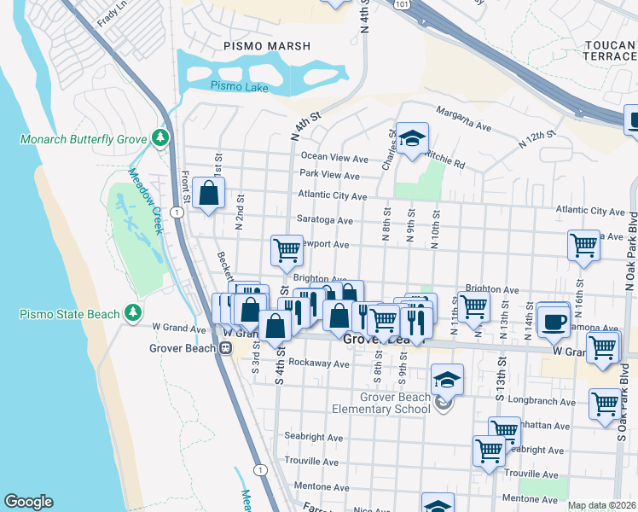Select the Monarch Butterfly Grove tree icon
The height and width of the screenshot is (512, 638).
(159, 137)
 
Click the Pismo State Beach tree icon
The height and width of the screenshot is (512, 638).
(132, 314)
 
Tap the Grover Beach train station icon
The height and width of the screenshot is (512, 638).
(227, 347)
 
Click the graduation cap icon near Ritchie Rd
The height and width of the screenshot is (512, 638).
(412, 139)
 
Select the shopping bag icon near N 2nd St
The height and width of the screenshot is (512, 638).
(208, 194)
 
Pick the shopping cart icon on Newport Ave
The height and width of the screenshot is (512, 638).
(287, 250)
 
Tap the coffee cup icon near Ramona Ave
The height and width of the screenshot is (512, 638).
(554, 320)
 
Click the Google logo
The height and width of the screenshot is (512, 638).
(28, 502)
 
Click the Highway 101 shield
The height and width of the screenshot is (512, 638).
(400, 4)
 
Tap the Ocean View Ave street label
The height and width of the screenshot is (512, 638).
(334, 158)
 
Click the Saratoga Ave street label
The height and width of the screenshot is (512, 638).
(324, 220)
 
